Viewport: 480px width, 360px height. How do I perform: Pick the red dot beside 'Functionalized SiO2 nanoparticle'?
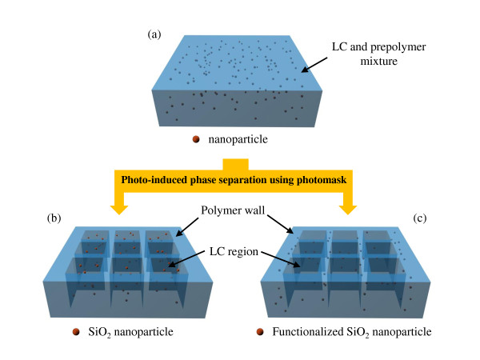point(258,330)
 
